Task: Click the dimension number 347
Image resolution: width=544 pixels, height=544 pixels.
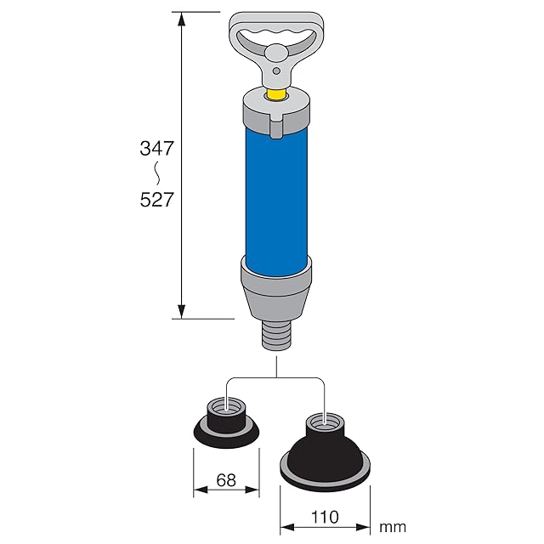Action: [x=156, y=148]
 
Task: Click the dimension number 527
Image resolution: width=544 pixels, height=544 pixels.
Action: [x=156, y=200]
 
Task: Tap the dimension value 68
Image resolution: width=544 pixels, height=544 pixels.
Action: [x=226, y=480]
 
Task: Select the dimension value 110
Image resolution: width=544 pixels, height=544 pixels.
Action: [x=325, y=518]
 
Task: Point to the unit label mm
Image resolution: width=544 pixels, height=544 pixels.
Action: [x=393, y=527]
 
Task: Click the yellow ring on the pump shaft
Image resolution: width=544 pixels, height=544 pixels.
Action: [x=276, y=94]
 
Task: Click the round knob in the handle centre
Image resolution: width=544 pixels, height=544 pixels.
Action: [x=276, y=53]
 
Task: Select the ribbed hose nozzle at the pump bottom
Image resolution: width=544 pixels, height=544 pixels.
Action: [x=276, y=336]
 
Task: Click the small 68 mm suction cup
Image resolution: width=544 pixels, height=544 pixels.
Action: [x=226, y=424]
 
